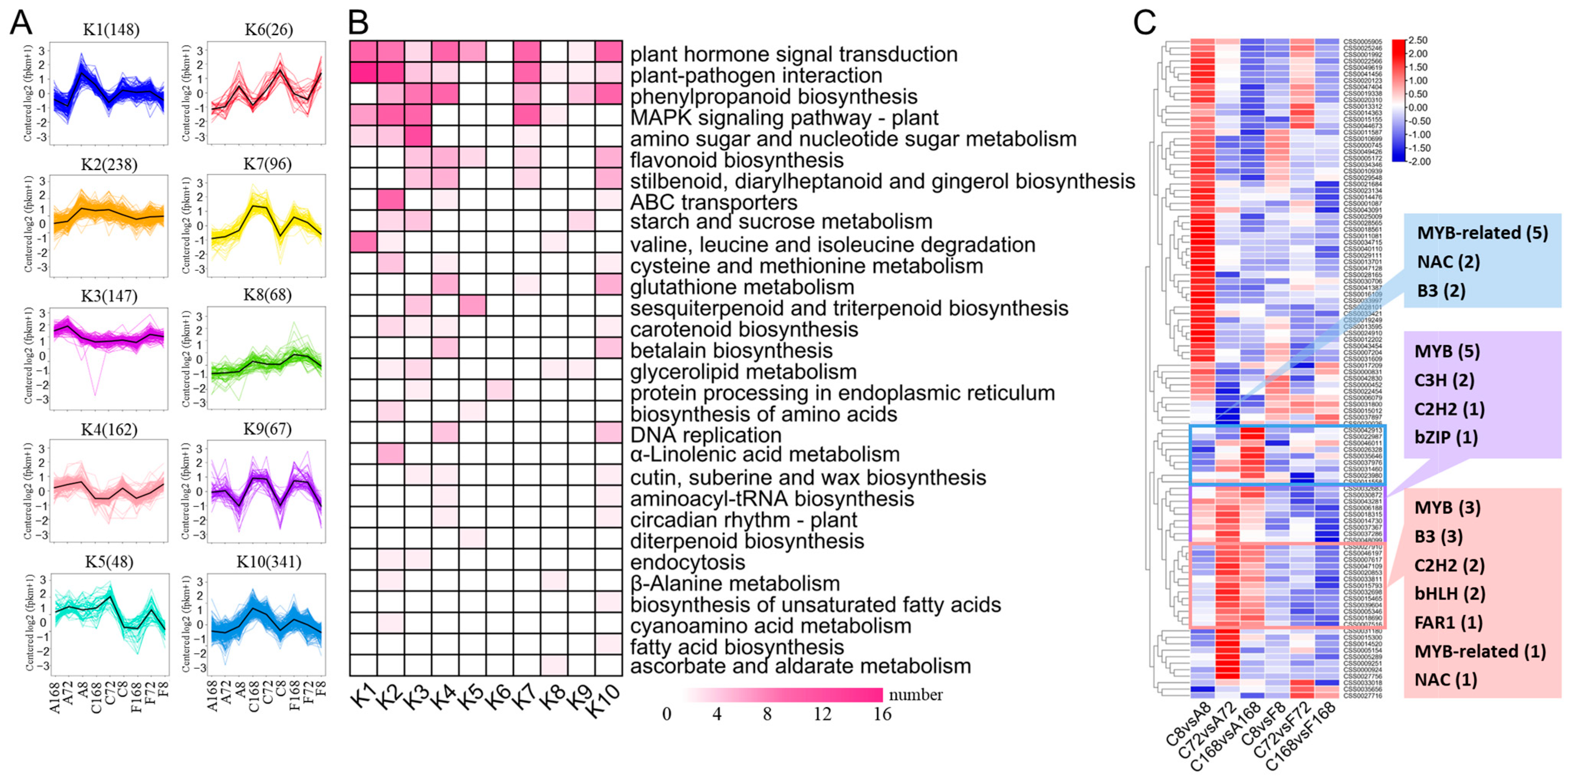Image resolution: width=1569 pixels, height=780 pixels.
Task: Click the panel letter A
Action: pos(22,23)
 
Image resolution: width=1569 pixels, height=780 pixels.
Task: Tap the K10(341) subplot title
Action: pos(269,562)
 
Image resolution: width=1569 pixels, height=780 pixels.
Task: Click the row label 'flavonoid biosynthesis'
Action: pos(736,161)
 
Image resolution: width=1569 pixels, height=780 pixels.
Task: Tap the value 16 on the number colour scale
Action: pos(882,714)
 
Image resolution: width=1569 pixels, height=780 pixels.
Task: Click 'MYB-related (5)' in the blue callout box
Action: pos(1482,233)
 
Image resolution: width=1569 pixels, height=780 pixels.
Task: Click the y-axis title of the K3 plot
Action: pos(28,355)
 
